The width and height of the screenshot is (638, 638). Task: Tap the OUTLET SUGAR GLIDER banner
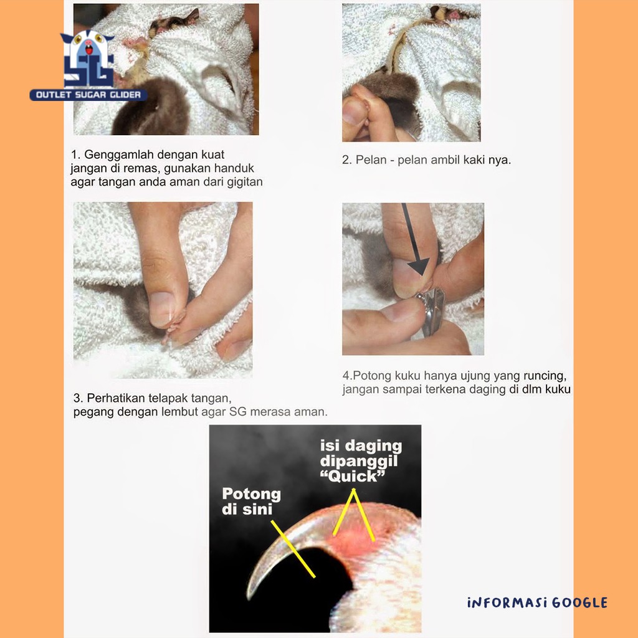coord(88,95)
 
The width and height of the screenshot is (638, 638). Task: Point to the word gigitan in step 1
coord(244,182)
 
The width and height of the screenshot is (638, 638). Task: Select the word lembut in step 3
coord(179,412)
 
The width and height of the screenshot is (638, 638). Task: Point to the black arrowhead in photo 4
coord(419,267)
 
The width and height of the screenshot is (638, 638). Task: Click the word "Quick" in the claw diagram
coord(353,476)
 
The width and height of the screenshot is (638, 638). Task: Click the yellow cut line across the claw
coord(293,548)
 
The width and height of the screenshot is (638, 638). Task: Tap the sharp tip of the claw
coord(248,598)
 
